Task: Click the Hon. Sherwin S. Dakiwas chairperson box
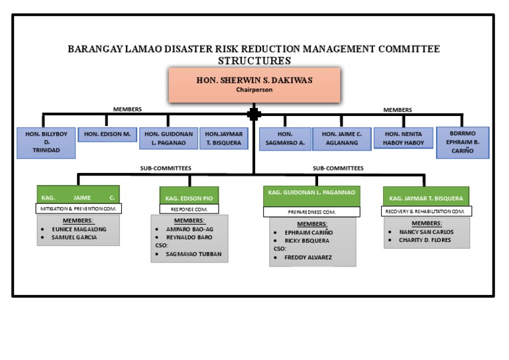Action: (x=254, y=84)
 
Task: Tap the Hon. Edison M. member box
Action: (x=107, y=135)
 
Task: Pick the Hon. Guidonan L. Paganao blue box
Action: (x=168, y=138)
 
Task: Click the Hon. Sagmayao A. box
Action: (x=284, y=138)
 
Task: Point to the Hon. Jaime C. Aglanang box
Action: (x=341, y=138)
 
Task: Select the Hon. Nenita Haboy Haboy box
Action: (x=403, y=138)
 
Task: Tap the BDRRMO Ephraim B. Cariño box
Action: (x=463, y=142)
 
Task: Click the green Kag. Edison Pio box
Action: (x=189, y=198)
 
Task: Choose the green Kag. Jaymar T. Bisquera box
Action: (x=426, y=198)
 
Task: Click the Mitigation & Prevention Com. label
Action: (x=78, y=208)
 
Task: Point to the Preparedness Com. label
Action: (x=311, y=212)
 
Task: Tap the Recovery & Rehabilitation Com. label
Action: (x=427, y=211)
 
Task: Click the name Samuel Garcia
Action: (x=74, y=237)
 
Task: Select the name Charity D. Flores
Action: (x=425, y=240)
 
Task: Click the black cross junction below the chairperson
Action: (x=254, y=114)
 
